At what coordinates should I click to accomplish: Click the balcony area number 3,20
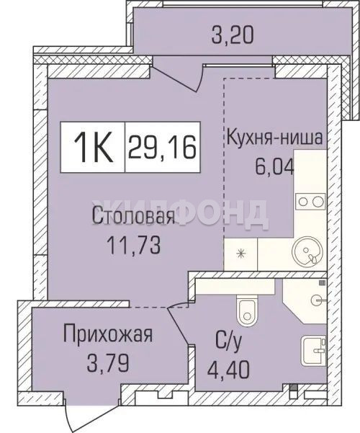click(232, 35)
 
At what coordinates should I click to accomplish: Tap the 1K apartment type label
click(94, 148)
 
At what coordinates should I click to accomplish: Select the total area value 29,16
click(162, 147)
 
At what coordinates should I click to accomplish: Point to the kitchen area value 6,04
click(274, 166)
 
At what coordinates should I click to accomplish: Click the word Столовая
click(134, 216)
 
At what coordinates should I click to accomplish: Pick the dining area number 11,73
click(134, 246)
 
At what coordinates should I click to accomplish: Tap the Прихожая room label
click(108, 334)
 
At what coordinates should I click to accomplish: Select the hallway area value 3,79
click(108, 363)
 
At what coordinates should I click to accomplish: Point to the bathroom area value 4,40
click(228, 370)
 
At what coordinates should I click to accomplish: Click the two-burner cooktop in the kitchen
click(310, 202)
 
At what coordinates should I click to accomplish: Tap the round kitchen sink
click(307, 251)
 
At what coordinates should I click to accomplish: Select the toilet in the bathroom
click(247, 309)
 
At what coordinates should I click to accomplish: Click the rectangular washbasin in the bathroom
click(314, 350)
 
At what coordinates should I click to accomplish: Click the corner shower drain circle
click(316, 300)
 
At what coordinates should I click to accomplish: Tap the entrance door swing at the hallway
click(69, 415)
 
